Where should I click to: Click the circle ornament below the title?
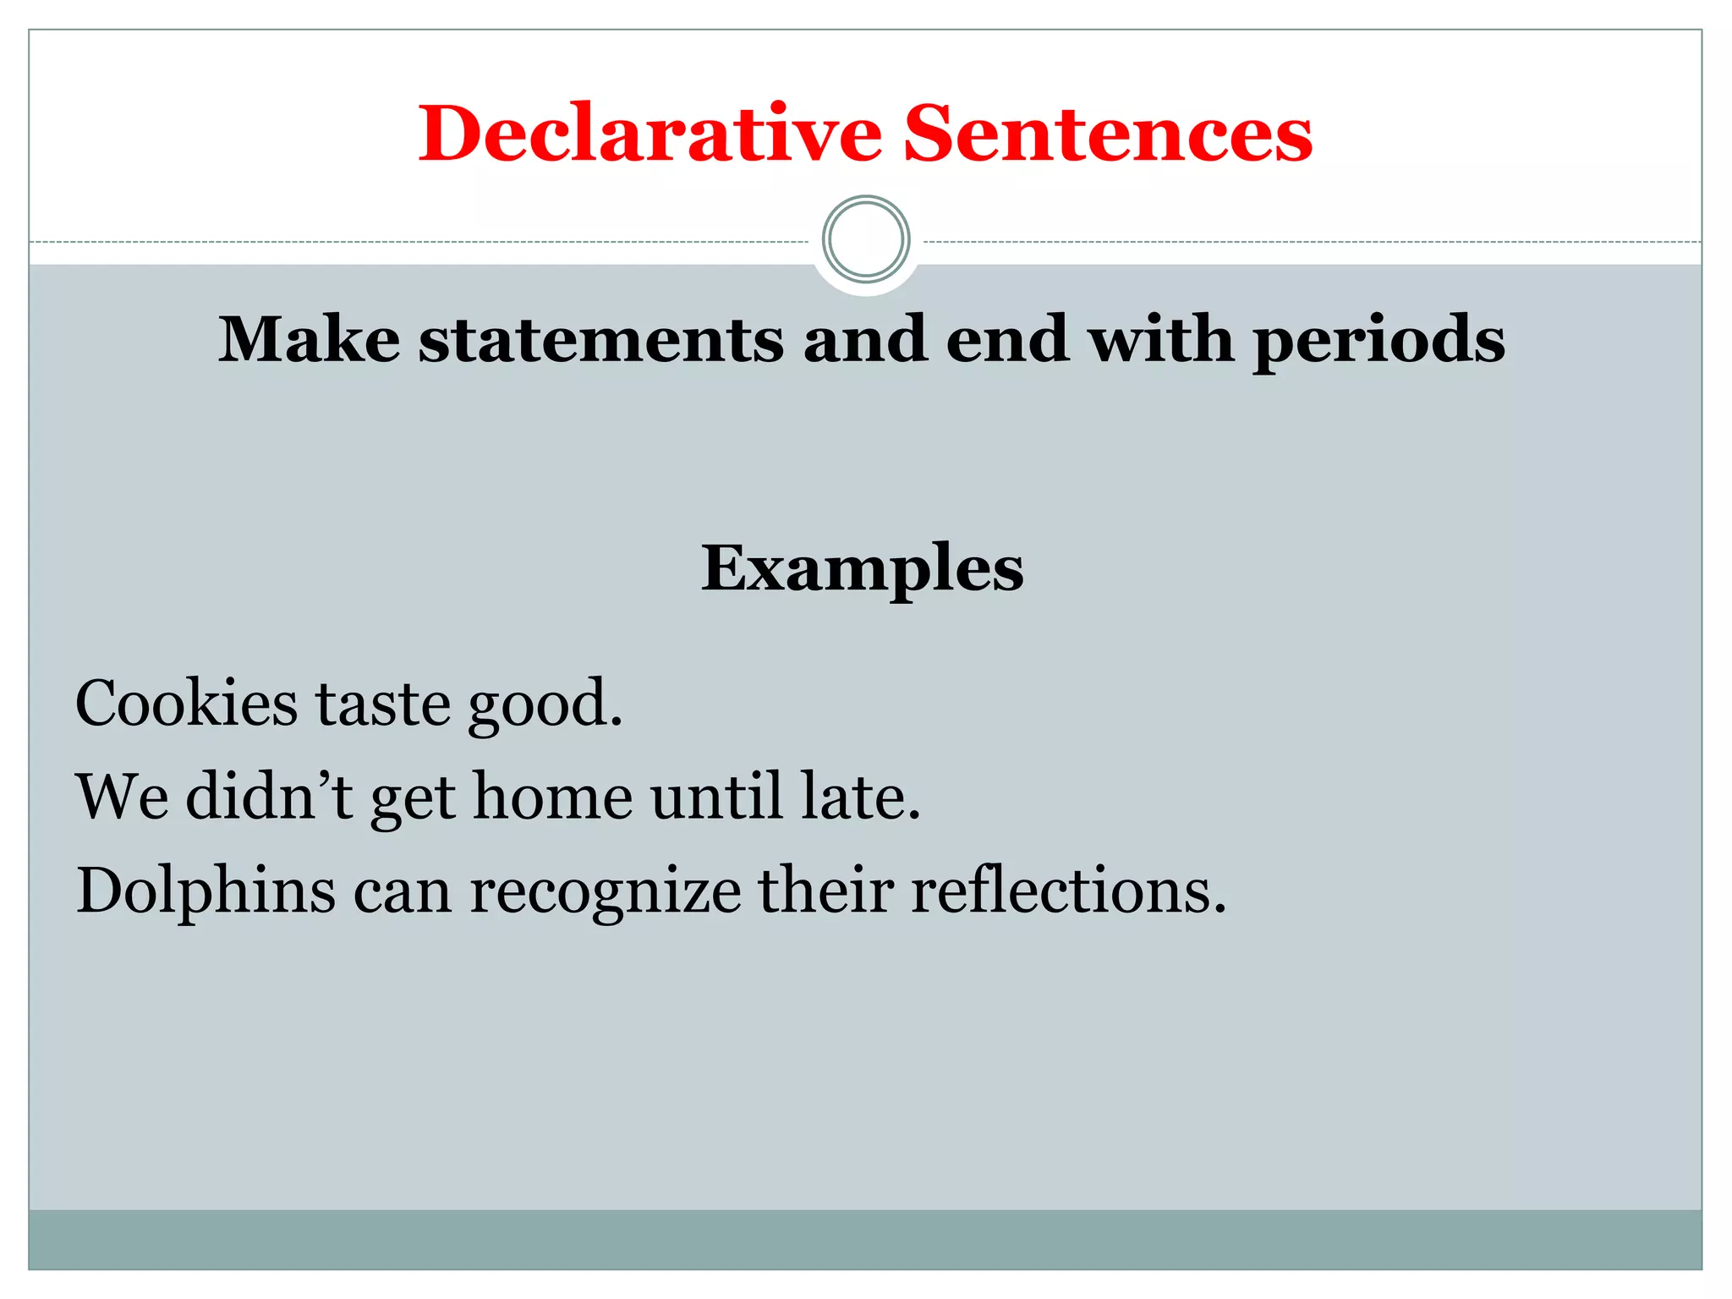866,239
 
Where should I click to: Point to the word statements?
601,339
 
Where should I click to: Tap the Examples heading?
862,568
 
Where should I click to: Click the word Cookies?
186,703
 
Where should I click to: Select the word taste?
383,704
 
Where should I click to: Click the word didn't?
269,797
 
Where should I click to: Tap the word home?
552,797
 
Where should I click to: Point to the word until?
716,797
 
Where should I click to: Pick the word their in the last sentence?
825,891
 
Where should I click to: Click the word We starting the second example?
122,797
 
